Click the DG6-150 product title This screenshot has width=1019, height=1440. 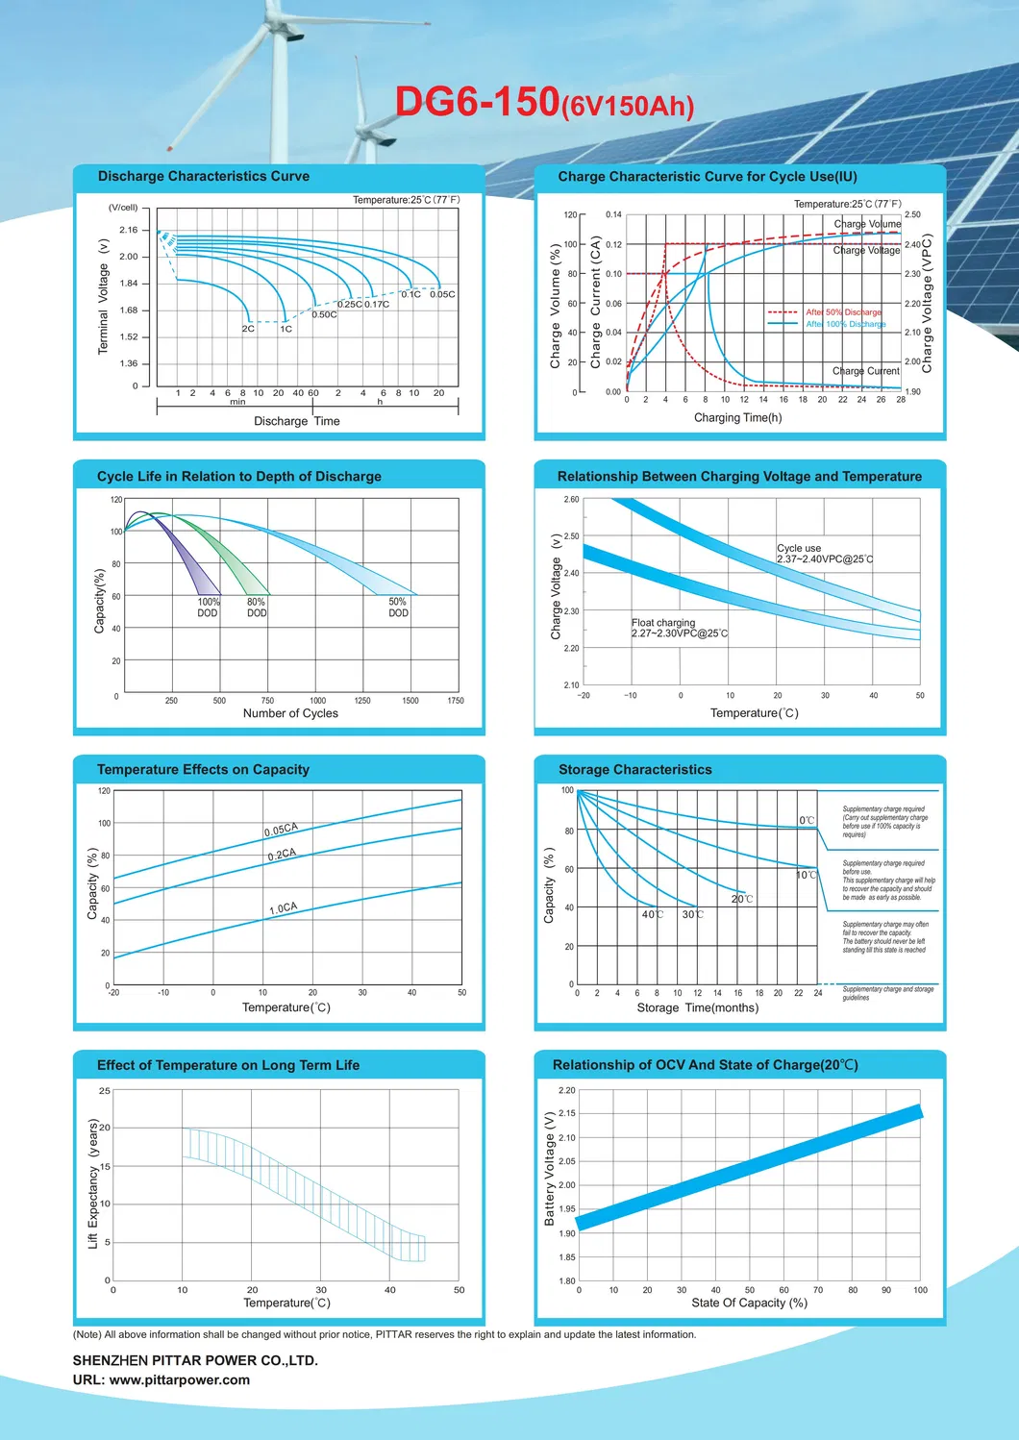coord(543,102)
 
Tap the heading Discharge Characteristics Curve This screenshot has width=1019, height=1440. coord(204,177)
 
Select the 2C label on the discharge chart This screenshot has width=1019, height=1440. coord(248,329)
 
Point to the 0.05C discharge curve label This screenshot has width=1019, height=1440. coord(442,294)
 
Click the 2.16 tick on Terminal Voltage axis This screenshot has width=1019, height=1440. coord(129,230)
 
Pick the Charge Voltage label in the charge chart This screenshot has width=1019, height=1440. coord(866,250)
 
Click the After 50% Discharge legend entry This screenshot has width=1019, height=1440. coord(843,312)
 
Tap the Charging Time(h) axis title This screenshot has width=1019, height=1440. coord(737,418)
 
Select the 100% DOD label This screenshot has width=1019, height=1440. coord(208,608)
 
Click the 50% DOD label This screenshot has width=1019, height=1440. coord(398,608)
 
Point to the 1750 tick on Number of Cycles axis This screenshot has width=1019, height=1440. coord(456,701)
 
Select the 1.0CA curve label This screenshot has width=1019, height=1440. coord(284,908)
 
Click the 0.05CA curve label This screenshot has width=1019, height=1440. coord(282,830)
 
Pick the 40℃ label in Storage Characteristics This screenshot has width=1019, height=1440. coord(653,915)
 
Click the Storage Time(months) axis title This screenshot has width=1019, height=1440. coord(697,1008)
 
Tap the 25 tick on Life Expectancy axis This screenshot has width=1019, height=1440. coord(105,1091)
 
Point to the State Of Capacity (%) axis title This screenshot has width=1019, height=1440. coord(749,1303)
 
